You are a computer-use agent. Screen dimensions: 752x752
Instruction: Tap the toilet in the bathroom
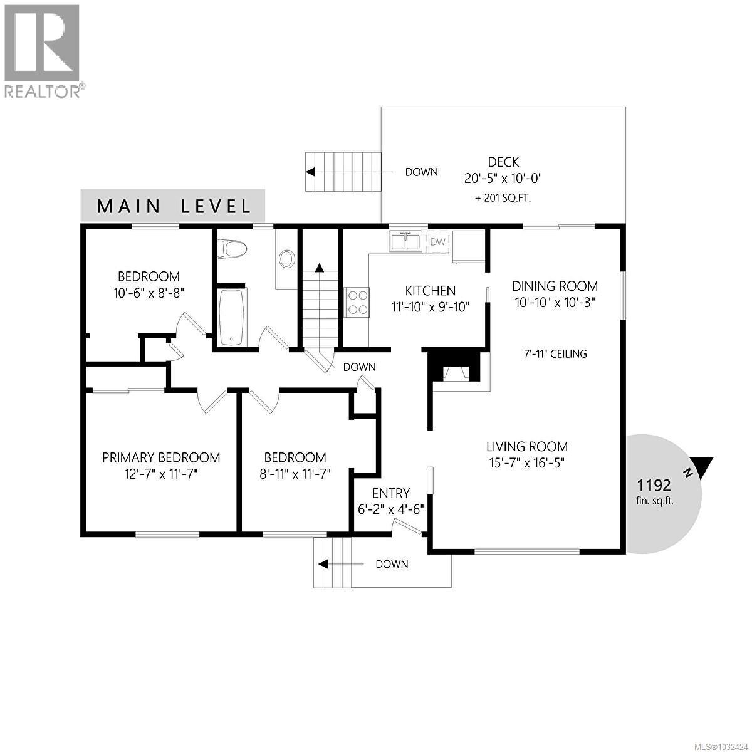pos(231,249)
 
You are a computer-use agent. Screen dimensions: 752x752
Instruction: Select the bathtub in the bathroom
pos(231,316)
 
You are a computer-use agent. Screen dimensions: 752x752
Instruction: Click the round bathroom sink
pos(287,259)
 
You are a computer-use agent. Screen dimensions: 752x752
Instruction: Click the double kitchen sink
pos(404,241)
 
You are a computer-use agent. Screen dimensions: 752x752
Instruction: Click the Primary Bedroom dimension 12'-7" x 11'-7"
pos(161,474)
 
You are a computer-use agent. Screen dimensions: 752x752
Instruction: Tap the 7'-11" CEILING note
pos(555,353)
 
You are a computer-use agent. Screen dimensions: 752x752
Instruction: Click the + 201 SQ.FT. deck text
pos(503,198)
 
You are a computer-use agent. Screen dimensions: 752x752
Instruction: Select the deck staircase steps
pos(343,172)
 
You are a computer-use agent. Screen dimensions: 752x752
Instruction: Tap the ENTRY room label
pos(390,493)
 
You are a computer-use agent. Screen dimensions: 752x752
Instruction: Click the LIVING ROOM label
pos(527,447)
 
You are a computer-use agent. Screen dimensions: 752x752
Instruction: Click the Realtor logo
pos(42,50)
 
